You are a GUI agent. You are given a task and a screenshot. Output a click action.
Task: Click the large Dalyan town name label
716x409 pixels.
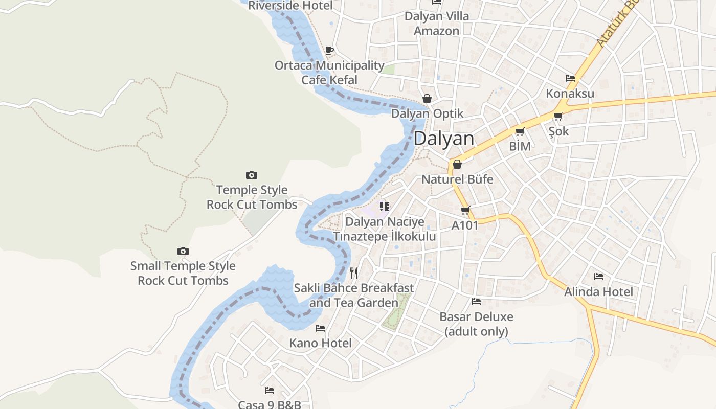point(444,139)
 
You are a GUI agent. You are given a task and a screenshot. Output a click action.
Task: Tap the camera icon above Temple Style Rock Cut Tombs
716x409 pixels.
point(251,175)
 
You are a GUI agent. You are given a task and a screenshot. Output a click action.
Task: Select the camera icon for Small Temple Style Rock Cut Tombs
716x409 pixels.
point(183,251)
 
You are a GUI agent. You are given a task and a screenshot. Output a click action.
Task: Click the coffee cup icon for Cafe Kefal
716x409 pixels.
point(329,50)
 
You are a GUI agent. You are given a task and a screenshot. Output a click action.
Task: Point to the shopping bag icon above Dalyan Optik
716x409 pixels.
point(427,99)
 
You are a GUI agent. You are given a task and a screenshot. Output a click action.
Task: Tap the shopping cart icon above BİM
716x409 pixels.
point(520,132)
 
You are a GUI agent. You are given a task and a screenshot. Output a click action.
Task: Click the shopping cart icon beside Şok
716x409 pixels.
point(558,117)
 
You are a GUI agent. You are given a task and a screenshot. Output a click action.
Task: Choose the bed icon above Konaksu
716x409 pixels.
point(570,78)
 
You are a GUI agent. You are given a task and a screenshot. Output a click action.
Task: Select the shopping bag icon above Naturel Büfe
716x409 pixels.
point(457,164)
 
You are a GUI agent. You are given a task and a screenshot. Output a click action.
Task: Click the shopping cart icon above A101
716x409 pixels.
point(465,210)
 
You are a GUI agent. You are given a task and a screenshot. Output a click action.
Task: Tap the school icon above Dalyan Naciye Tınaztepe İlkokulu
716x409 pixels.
point(385,207)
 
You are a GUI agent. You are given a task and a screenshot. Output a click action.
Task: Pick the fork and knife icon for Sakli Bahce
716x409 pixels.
point(354,273)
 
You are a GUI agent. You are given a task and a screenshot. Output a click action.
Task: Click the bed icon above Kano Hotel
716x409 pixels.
point(320,328)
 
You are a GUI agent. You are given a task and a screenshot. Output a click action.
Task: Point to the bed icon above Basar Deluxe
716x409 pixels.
point(476,302)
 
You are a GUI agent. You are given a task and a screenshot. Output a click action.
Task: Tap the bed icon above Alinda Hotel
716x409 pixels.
point(599,277)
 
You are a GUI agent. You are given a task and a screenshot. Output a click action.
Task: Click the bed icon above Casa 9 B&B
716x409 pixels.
point(270,391)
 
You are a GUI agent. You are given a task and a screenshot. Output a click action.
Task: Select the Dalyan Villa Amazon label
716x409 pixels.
point(437,24)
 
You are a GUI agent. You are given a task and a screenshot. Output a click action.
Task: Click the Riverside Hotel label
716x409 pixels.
point(290,6)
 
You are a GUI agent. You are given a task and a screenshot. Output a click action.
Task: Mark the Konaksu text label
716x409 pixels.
point(570,94)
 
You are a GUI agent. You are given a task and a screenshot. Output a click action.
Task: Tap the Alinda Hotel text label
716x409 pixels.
point(598,292)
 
